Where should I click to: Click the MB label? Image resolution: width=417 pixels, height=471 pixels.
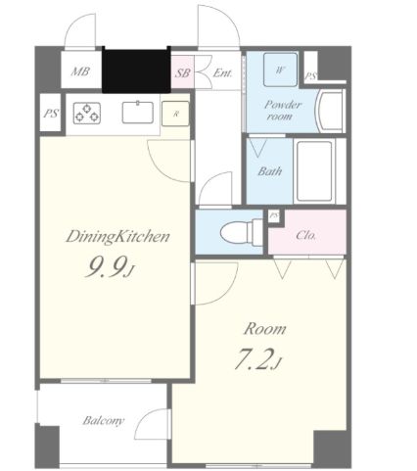coord(80,71)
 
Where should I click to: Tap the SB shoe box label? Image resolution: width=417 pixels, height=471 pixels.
coord(182,72)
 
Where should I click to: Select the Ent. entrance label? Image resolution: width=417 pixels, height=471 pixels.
coord(222,72)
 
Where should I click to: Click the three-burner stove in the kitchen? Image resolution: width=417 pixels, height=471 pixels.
coord(87,113)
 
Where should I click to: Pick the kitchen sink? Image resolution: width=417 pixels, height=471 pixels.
coord(138,113)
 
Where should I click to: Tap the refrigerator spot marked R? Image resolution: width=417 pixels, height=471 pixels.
coord(176,114)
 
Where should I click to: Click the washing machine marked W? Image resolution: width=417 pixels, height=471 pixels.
coord(280,70)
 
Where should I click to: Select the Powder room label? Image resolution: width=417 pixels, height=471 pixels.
coord(282,111)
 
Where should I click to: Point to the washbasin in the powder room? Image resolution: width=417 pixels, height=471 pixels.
coord(330,111)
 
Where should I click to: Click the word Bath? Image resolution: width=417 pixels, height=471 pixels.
coord(269,171)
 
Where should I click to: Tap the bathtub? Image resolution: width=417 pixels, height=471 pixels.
coord(315,170)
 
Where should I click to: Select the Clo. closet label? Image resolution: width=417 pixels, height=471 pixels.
coord(305,235)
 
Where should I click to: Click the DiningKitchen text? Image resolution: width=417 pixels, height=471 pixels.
coord(118,237)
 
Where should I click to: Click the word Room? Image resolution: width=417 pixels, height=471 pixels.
coord(265,329)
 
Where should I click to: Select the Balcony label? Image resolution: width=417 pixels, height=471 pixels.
coord(104,420)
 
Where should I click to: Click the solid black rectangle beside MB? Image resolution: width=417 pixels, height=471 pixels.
coord(136,71)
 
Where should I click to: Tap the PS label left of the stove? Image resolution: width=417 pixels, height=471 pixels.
coord(51,114)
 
